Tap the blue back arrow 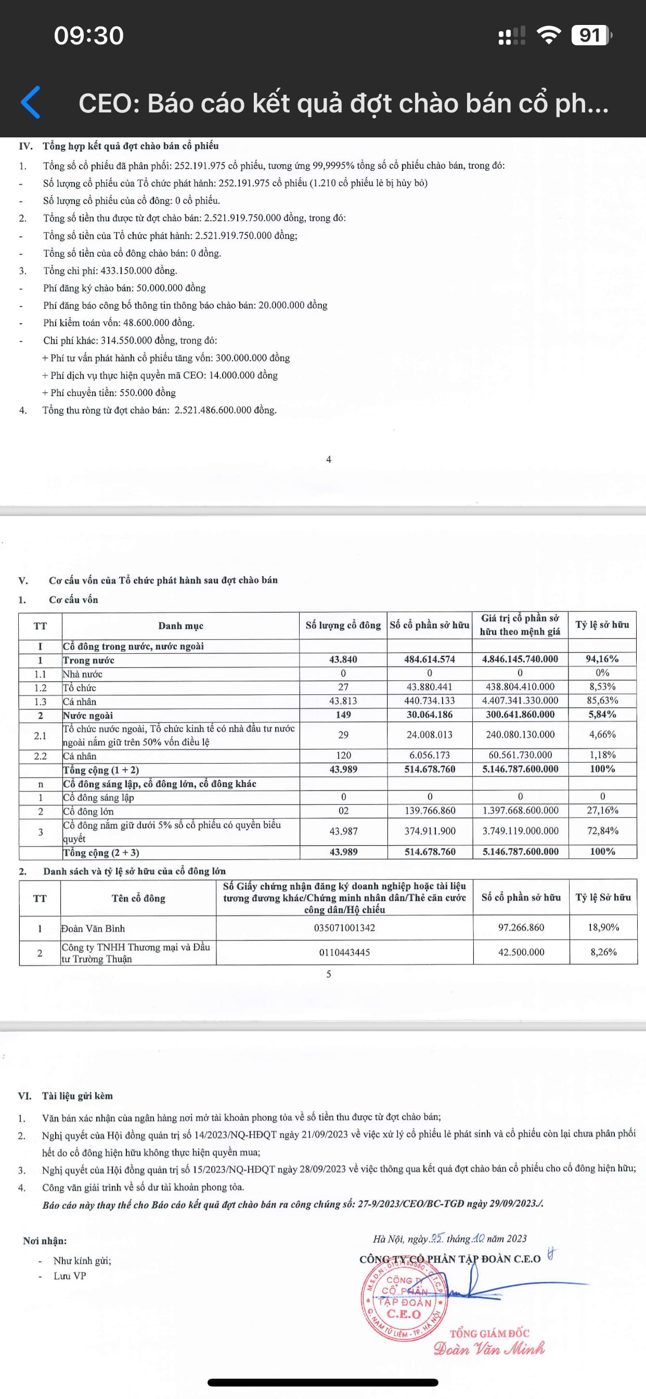pyautogui.click(x=31, y=102)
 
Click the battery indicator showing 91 pyautogui.click(x=591, y=35)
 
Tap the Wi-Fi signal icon pyautogui.click(x=548, y=35)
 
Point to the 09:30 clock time pyautogui.click(x=89, y=35)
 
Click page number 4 pyautogui.click(x=328, y=460)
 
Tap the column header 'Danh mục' pyautogui.click(x=181, y=626)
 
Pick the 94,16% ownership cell pyautogui.click(x=602, y=659)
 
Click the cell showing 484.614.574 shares pyautogui.click(x=430, y=659)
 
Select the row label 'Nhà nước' pyautogui.click(x=83, y=674)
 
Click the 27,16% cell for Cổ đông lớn pyautogui.click(x=602, y=810)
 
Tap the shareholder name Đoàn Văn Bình pyautogui.click(x=93, y=928)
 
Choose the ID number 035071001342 pyautogui.click(x=344, y=927)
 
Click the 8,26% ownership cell pyautogui.click(x=603, y=952)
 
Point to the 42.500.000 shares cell pyautogui.click(x=521, y=952)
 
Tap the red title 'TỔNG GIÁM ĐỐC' pyautogui.click(x=489, y=1333)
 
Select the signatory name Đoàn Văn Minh pyautogui.click(x=489, y=1349)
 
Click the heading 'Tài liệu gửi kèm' pyautogui.click(x=77, y=1096)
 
